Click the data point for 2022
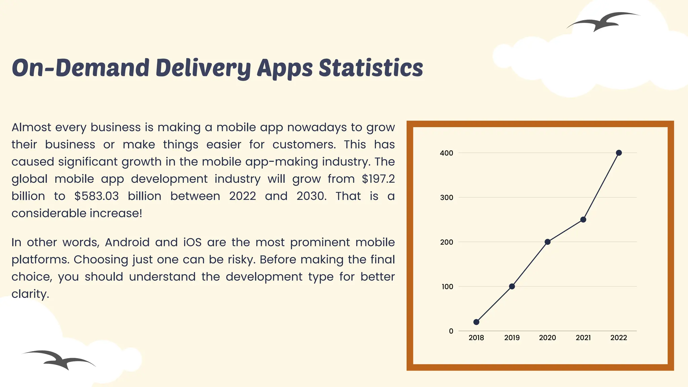pos(619,153)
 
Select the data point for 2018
pos(476,322)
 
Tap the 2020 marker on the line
pos(548,242)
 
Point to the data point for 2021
pos(583,220)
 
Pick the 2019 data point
pos(512,286)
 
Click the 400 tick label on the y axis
pos(446,153)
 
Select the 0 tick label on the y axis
pos(451,331)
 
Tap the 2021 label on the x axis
pos(583,338)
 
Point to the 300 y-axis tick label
pos(446,198)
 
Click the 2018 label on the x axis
pos(476,338)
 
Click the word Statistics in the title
pos(371,68)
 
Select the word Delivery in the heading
pos(203,68)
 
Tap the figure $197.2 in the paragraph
pos(378,179)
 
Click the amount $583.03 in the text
pos(96,196)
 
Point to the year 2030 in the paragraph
pos(311,196)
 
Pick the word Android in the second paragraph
pos(127,242)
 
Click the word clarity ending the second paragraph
pos(30,294)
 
